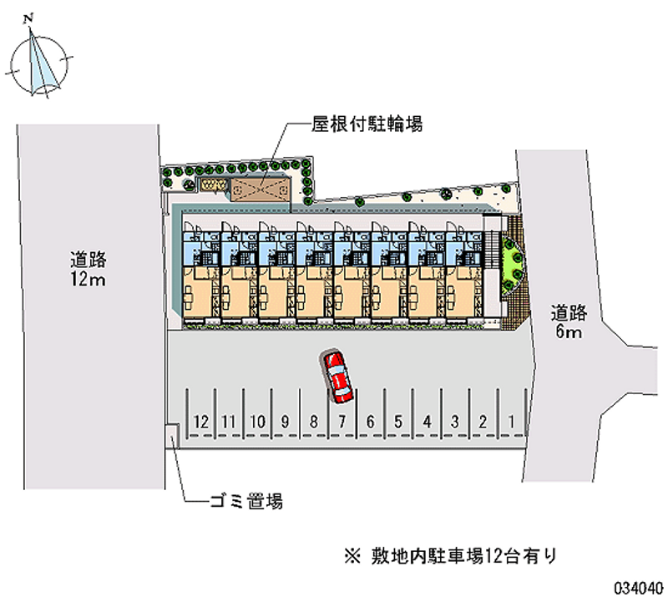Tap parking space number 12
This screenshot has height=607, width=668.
[x=200, y=422]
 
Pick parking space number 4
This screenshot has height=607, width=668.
[x=427, y=422]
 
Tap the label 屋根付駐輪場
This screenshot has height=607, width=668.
[x=355, y=125]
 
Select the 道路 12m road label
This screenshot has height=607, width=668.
[x=87, y=269]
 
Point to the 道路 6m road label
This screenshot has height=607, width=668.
[x=569, y=323]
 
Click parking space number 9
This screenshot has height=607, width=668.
[x=286, y=422]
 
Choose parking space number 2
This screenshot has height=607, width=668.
[x=483, y=422]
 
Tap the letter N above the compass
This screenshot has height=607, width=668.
[x=29, y=17]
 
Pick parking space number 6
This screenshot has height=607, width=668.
[x=371, y=422]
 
